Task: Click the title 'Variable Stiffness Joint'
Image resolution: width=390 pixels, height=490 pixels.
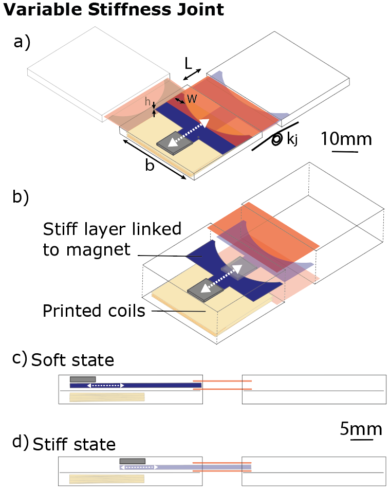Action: pyautogui.click(x=114, y=9)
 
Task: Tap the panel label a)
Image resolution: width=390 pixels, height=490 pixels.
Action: pyautogui.click(x=22, y=42)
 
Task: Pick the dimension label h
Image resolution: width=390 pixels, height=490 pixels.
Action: pyautogui.click(x=147, y=102)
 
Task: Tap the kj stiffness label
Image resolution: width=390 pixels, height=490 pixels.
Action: pyautogui.click(x=292, y=139)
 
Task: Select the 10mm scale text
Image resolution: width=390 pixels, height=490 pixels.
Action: pyautogui.click(x=346, y=139)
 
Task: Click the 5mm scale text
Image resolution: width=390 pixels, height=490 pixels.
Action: pyautogui.click(x=361, y=429)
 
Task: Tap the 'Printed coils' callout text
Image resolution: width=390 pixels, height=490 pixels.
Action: pyautogui.click(x=94, y=311)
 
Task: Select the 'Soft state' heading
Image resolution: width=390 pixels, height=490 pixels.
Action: pyautogui.click(x=72, y=360)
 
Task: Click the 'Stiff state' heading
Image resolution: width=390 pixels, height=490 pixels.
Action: pyautogui.click(x=74, y=444)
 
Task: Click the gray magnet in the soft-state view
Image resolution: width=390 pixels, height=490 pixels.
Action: pyautogui.click(x=83, y=379)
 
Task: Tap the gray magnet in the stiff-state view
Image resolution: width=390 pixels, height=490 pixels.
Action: pyautogui.click(x=133, y=461)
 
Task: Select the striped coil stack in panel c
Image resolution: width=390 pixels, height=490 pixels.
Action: pyautogui.click(x=107, y=396)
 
